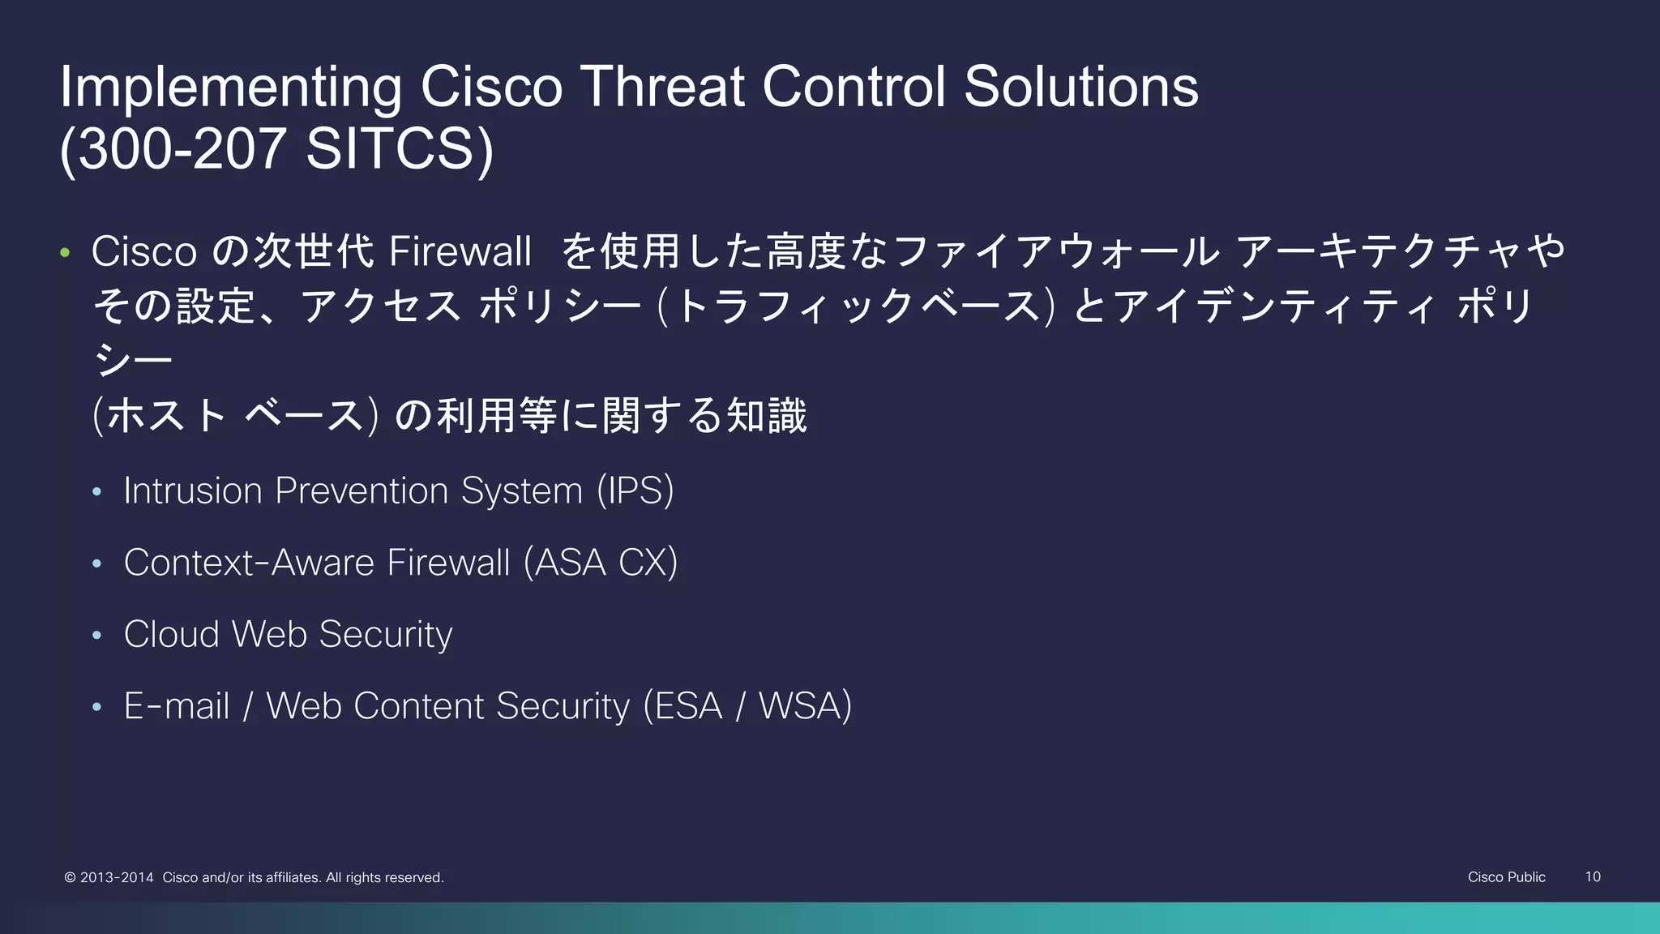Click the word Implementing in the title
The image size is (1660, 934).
[x=230, y=88]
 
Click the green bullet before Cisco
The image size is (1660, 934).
[x=65, y=252]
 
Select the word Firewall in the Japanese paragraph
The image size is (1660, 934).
[x=460, y=251]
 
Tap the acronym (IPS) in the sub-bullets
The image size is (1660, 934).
[x=635, y=491]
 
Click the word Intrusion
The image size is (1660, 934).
[x=193, y=491]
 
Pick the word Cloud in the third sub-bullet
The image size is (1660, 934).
[x=171, y=634]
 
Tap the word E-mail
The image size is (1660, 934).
[x=177, y=706]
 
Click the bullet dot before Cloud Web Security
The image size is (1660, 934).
[x=97, y=635]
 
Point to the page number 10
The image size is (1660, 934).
[x=1592, y=876]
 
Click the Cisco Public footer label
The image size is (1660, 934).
[x=1506, y=876]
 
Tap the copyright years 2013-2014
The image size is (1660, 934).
[x=117, y=877]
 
